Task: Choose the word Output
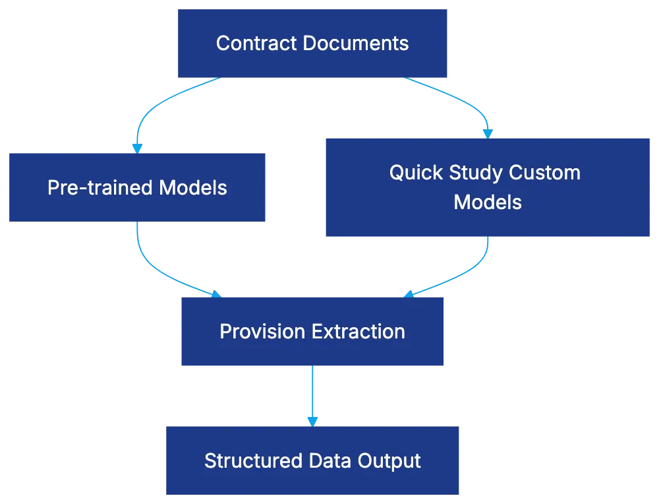point(389,460)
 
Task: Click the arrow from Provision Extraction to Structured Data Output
point(312,396)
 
